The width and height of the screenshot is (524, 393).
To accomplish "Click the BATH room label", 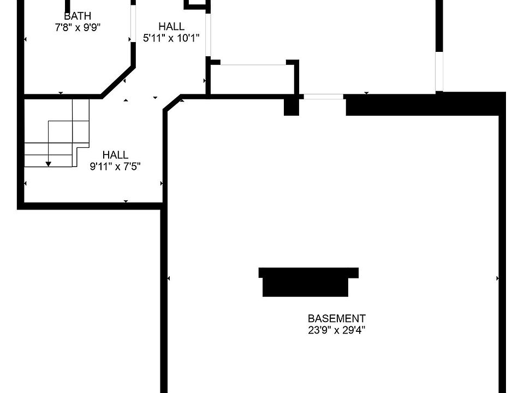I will (x=78, y=16).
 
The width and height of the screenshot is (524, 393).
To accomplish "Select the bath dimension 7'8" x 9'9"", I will (x=78, y=27).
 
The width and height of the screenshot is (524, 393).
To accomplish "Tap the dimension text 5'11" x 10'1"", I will (x=171, y=38).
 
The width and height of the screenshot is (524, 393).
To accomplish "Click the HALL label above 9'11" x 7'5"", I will (x=115, y=155).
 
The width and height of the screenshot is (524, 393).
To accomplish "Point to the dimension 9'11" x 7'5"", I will (x=115, y=166).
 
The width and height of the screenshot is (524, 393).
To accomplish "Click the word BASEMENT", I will (x=336, y=318).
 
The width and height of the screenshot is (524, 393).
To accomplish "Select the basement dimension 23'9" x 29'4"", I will (x=336, y=330).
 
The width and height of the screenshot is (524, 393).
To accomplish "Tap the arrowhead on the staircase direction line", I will (x=49, y=163).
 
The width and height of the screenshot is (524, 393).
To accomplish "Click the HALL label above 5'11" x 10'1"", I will (x=171, y=26).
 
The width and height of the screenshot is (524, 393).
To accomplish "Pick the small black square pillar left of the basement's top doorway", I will (x=291, y=106).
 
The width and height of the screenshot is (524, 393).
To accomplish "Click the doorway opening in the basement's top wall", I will (x=323, y=97).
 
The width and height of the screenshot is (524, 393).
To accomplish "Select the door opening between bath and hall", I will (x=133, y=23).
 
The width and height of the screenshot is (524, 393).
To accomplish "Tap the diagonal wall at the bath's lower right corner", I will (x=118, y=82).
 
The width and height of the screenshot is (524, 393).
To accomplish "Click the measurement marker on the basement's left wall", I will (x=168, y=278).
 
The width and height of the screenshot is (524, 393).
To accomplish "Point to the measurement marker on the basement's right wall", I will (x=498, y=278).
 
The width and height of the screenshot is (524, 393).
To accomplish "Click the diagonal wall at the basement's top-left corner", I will (x=172, y=103).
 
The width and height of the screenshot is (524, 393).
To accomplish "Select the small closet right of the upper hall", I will (x=253, y=79).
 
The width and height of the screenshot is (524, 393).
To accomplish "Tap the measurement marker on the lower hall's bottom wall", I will (x=126, y=202).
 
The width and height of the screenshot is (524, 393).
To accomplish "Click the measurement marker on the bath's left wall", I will (x=25, y=39).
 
